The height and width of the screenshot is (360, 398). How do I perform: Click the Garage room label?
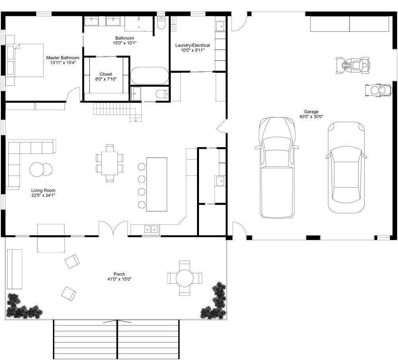311,112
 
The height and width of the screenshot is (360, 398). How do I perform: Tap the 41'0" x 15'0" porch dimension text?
119,279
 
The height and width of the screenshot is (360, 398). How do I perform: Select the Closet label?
106,74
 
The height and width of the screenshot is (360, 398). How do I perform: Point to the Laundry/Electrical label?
193,45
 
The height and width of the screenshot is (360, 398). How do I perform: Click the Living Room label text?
44,191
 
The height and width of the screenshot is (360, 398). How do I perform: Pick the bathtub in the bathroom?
150,76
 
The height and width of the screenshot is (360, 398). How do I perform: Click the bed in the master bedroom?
25,60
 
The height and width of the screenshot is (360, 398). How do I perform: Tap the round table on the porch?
184,278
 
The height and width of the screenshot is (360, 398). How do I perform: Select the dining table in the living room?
109,163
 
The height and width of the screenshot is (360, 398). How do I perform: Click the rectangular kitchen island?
157,184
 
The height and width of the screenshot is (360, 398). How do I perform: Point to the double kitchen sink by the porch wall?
151,229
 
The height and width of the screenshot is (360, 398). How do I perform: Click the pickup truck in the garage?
277,167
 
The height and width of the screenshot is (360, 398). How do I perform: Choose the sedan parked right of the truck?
346,167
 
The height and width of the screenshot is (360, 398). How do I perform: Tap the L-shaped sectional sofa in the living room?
24,159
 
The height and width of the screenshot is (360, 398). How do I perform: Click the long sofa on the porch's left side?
15,269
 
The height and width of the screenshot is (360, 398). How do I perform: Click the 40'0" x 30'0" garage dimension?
311,117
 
